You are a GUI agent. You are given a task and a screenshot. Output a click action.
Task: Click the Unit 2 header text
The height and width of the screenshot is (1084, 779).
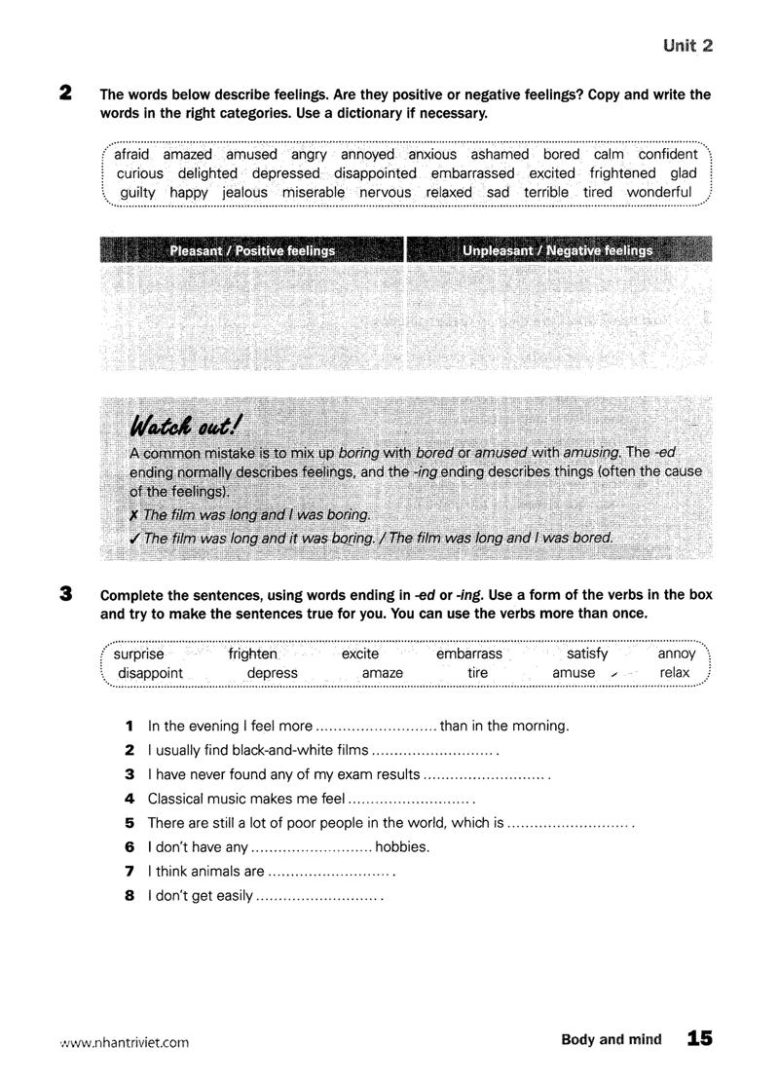coord(687,45)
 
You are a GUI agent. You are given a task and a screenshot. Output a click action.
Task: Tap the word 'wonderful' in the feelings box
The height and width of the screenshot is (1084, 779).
coord(659,192)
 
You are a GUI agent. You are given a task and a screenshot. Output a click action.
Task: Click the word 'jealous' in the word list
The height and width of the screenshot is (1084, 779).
coord(244,192)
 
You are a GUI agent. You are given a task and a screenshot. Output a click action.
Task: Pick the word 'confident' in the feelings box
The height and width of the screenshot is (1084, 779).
coord(668,154)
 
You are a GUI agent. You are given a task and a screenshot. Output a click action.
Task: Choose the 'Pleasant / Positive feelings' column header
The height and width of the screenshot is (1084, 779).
coord(252,250)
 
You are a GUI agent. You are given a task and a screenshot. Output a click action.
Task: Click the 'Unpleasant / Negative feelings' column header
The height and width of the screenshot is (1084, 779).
coord(558,250)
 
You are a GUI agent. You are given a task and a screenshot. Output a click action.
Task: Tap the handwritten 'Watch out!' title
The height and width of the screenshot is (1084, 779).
coord(187,425)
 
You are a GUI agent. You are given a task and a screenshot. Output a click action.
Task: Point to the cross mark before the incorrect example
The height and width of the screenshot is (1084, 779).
coord(135,514)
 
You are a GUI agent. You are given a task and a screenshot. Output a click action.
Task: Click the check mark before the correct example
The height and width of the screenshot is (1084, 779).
coord(135,538)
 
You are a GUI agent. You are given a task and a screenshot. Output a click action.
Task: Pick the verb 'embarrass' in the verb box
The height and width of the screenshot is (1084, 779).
coord(469,654)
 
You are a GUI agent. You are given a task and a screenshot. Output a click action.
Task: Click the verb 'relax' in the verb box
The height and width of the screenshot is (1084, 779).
coord(674,673)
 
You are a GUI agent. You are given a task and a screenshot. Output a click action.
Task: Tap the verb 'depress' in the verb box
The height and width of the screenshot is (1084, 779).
coord(273,673)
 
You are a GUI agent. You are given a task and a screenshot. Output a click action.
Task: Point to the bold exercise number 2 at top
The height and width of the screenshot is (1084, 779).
coord(65,93)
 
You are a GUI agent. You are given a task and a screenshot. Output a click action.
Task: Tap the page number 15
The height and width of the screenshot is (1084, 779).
coord(699,1039)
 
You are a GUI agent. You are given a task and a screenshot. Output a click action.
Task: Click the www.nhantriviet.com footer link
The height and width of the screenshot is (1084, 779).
coord(126,1041)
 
